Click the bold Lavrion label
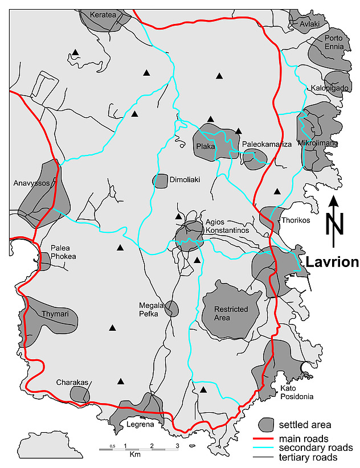pyautogui.click(x=333, y=262)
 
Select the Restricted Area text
pyautogui.click(x=231, y=313)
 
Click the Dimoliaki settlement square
pyautogui.click(x=160, y=181)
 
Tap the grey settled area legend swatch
pyautogui.click(x=266, y=425)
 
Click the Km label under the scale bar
pyautogui.click(x=135, y=454)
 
